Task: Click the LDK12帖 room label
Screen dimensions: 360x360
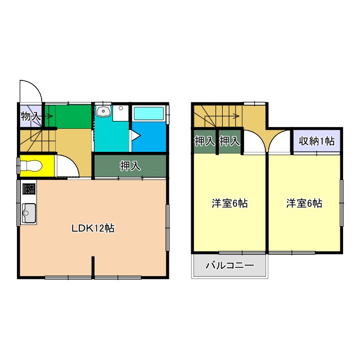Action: click(93, 228)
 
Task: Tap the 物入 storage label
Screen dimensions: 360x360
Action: click(30, 117)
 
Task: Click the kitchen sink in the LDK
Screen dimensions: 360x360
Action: click(29, 213)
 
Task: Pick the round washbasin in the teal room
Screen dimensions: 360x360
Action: click(103, 111)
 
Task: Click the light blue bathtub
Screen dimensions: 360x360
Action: click(148, 113)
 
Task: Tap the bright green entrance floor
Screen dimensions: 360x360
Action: click(68, 116)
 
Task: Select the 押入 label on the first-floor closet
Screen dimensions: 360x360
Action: click(130, 166)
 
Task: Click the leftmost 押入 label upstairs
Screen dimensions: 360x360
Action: click(205, 141)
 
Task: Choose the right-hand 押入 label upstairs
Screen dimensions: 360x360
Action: click(229, 141)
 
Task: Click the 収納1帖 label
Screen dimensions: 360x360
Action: click(316, 141)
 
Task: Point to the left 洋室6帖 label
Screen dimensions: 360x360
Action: click(229, 204)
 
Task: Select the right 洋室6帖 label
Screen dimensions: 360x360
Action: click(304, 204)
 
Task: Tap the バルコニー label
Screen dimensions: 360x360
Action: click(229, 265)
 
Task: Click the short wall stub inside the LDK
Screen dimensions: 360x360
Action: click(93, 266)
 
